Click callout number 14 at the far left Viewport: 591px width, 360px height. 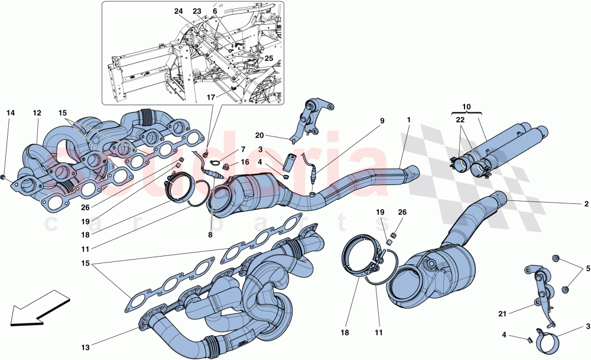coord(9,112)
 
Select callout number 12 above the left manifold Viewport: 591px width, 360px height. coord(37,112)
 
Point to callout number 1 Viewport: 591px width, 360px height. coord(408,120)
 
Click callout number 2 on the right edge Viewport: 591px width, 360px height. coord(586,204)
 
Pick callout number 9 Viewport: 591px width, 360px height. coord(382,121)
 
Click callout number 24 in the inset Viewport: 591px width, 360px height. coord(178,11)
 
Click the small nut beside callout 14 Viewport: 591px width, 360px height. coord(5,176)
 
